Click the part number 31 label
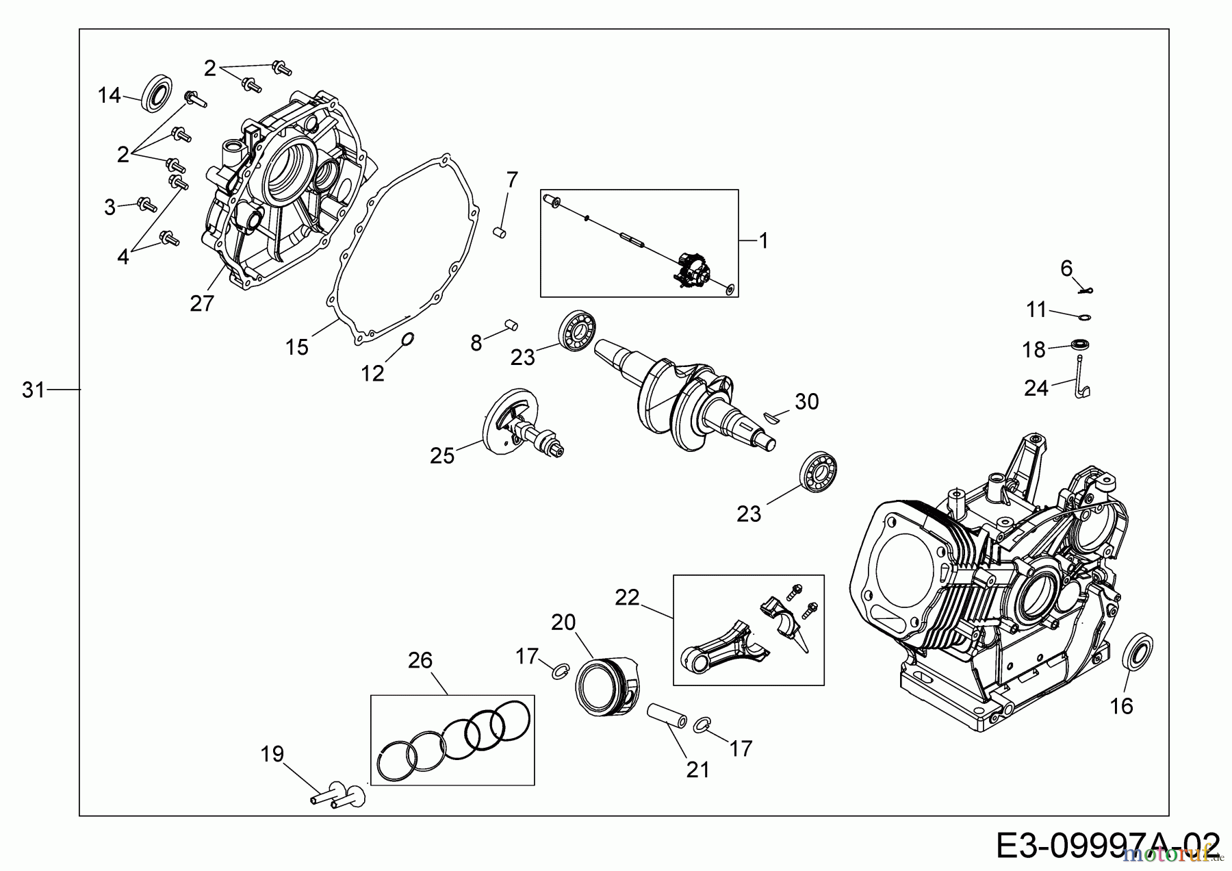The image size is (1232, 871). [x=33, y=390]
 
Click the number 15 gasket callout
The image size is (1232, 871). [x=296, y=347]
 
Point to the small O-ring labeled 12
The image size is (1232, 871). [x=407, y=340]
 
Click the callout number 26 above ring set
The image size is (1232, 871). [x=420, y=660]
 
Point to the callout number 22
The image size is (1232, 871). [x=627, y=597]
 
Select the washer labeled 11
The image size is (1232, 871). [x=1083, y=317]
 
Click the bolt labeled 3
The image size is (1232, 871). [x=147, y=203]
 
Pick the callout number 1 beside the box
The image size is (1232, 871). [x=763, y=241]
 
